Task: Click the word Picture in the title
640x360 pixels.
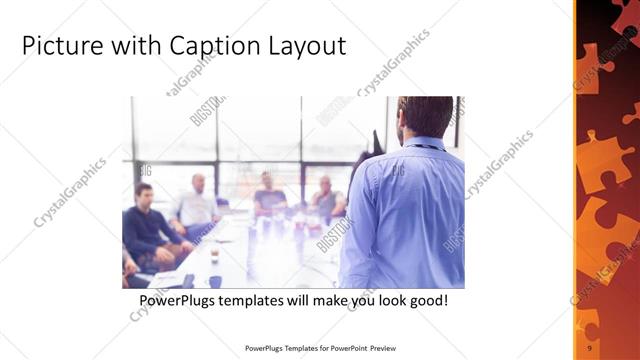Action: (x=61, y=46)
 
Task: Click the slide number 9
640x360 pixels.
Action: (x=591, y=346)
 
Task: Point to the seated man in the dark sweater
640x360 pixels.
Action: (x=148, y=225)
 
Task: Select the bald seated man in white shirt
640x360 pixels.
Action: (x=197, y=204)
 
